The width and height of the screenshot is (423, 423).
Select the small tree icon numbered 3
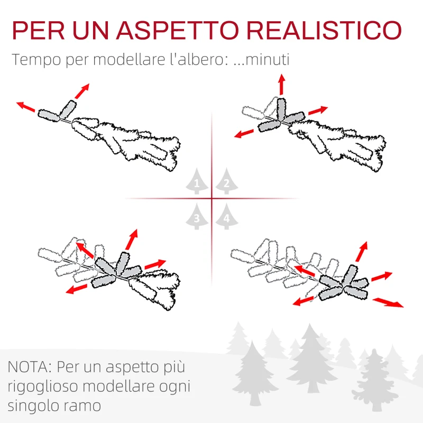point(197,217)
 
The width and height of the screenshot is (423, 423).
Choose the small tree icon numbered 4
point(226,217)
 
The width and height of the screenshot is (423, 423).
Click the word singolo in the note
point(34,406)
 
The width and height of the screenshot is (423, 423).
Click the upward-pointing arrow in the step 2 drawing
point(281,85)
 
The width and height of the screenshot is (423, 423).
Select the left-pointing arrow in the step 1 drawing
point(26,106)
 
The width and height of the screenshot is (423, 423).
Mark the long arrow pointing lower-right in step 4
point(388,302)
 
